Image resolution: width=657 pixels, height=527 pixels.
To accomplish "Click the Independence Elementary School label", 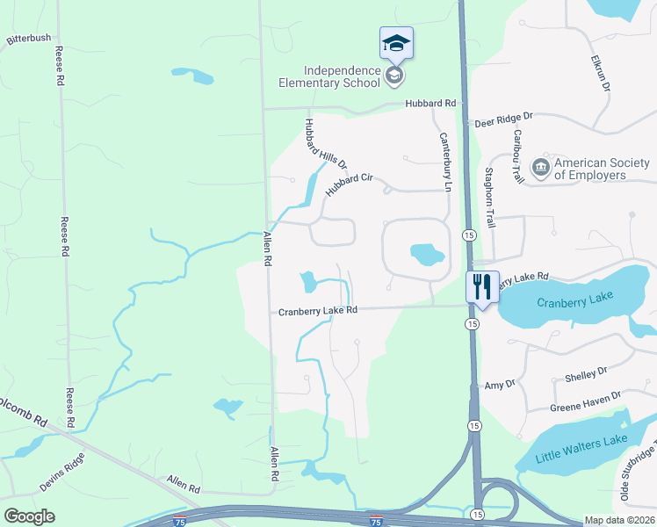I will [x=343, y=76].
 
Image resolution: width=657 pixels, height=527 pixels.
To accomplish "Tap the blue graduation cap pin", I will [x=396, y=43].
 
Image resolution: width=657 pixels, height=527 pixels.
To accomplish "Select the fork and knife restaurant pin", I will [x=481, y=286].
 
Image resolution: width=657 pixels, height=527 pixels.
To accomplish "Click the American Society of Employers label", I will [x=603, y=169].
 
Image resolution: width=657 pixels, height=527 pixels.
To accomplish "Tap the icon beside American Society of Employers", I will [x=541, y=166].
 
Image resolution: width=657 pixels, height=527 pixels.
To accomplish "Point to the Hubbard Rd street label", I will [x=430, y=104].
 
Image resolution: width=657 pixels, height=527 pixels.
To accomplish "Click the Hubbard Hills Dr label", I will [x=326, y=144].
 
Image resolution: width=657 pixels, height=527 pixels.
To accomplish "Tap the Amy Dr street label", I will [x=499, y=385].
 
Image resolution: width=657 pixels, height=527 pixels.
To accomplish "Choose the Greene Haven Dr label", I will [x=585, y=401].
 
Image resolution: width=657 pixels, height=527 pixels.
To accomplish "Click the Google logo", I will [x=29, y=516].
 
